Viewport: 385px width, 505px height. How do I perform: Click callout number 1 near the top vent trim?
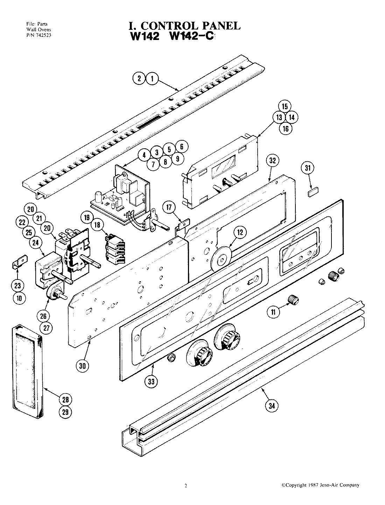pos(152,79)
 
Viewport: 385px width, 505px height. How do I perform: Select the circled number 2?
pos(139,79)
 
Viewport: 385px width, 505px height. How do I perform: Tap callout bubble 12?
pos(239,232)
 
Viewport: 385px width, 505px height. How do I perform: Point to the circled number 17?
pos(169,208)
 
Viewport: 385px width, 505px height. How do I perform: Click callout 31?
pos(308,168)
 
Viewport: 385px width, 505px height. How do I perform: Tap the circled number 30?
pos(83,366)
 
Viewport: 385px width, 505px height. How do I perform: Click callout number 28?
pos(65,399)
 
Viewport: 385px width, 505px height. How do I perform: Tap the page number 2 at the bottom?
pos(186,486)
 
